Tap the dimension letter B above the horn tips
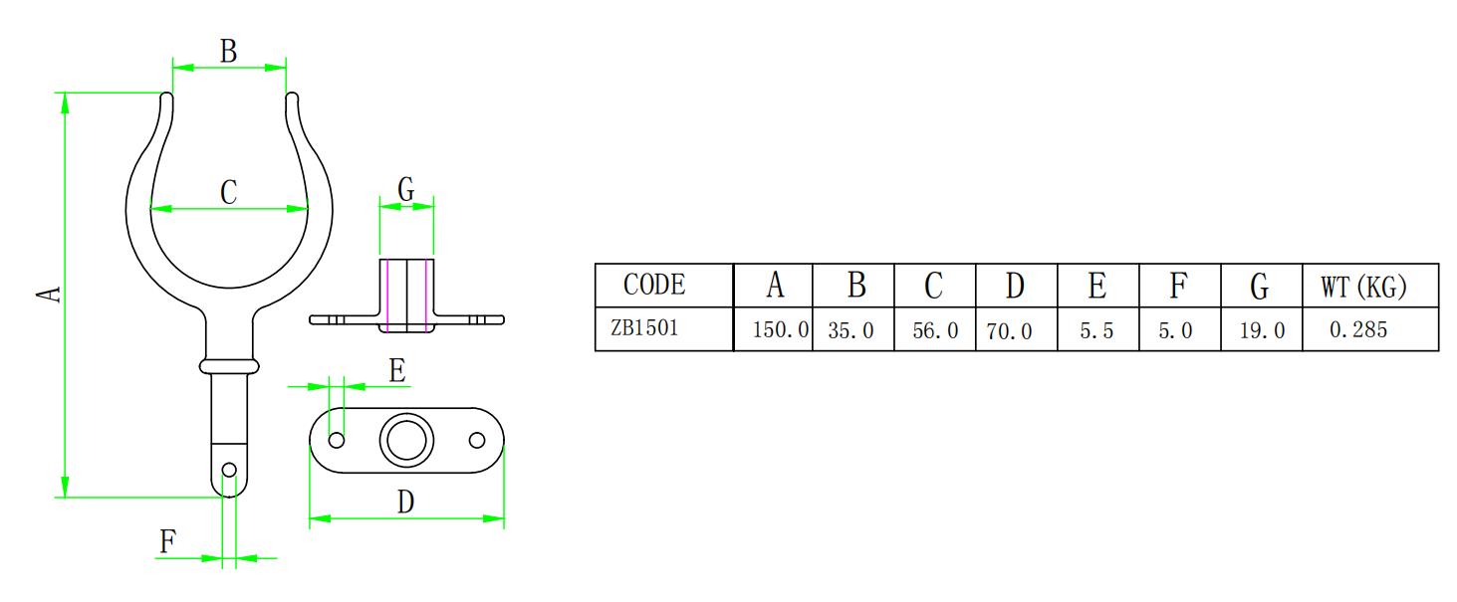click(x=228, y=52)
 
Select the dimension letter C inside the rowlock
click(x=228, y=191)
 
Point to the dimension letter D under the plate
click(x=405, y=502)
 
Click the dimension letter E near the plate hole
click(x=397, y=371)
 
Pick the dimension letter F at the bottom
click(x=167, y=541)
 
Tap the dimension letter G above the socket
click(x=406, y=189)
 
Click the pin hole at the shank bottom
click(x=230, y=470)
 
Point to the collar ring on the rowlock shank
click(x=229, y=365)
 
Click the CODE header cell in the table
click(x=654, y=286)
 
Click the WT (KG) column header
click(x=1363, y=287)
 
